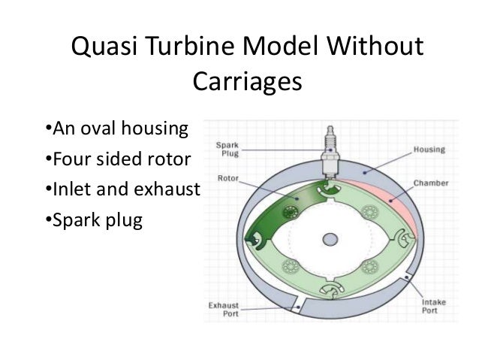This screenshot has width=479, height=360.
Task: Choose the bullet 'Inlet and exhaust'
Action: (x=123, y=190)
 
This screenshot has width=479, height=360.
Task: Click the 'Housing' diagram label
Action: (x=429, y=150)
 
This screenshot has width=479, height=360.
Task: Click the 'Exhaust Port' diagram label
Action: (x=224, y=310)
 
